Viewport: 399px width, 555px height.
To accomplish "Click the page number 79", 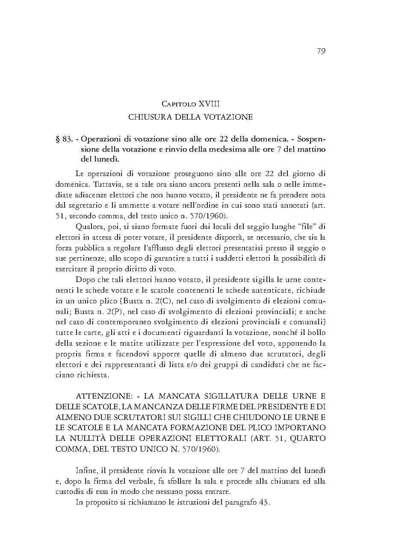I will pos(321,51).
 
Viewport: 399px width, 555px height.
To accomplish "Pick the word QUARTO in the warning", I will pos(308,438).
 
